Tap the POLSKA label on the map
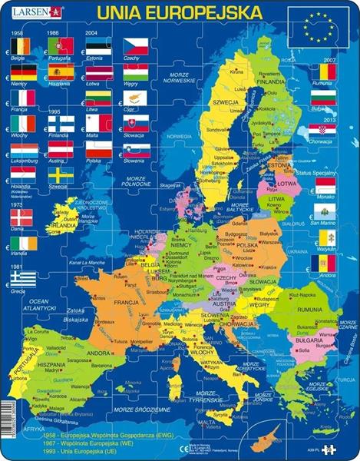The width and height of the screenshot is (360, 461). pos(246,245)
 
